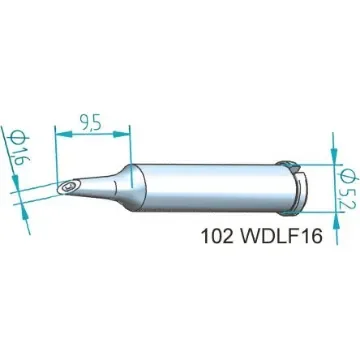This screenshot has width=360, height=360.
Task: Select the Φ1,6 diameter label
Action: tap(19, 150)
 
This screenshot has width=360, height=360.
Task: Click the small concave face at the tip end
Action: tap(65, 188)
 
